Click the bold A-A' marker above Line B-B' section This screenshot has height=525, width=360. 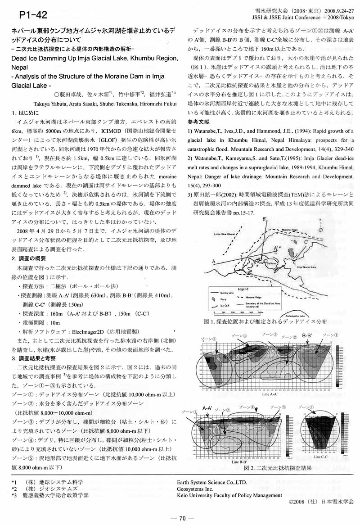click(x=207, y=408)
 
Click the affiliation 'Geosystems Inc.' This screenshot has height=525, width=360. click(x=195, y=488)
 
